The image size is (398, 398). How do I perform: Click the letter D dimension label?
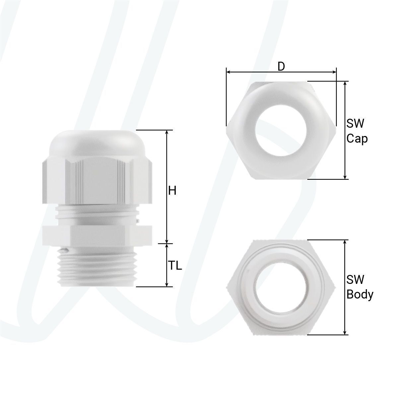[281, 67]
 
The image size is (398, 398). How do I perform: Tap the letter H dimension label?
[172, 191]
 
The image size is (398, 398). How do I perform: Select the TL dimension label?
[175, 266]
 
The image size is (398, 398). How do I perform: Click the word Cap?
[357, 139]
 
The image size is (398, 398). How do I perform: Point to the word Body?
[360, 295]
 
